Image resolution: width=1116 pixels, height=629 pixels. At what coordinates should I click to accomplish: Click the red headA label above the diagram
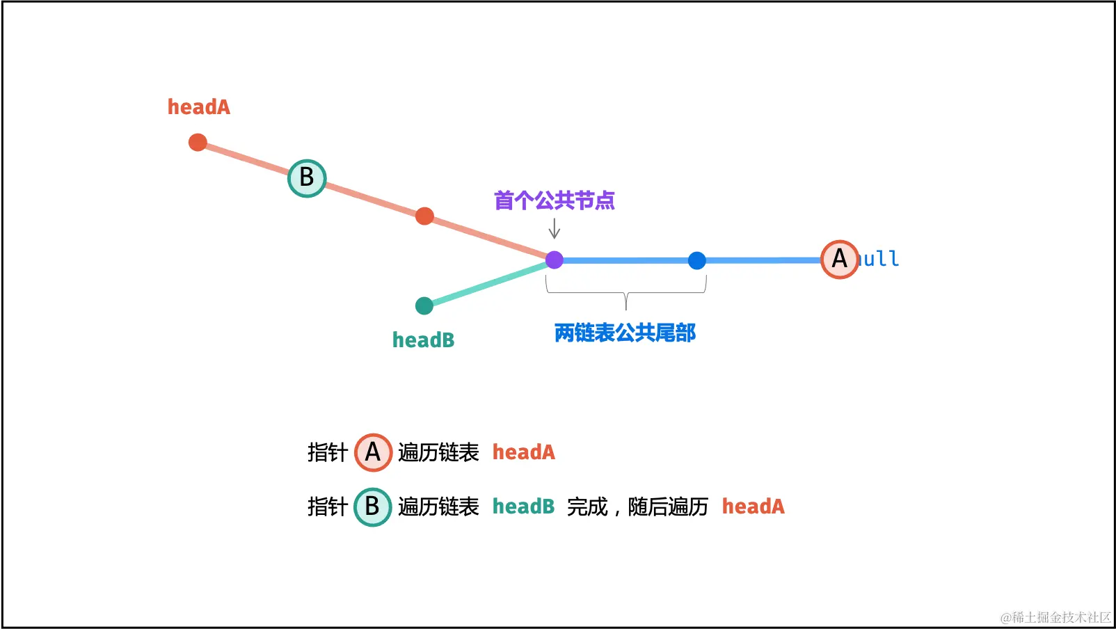tap(198, 107)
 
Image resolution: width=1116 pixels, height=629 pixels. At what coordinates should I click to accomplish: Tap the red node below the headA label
tap(198, 143)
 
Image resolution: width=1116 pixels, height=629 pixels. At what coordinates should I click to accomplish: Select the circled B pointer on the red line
tap(307, 178)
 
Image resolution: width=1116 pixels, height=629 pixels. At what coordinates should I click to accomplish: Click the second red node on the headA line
tap(424, 216)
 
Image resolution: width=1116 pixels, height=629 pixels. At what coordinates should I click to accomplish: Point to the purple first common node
tap(554, 260)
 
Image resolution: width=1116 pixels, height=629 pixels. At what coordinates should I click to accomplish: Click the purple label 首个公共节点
tap(554, 201)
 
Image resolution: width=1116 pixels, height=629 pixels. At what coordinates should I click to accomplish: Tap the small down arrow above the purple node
tap(554, 229)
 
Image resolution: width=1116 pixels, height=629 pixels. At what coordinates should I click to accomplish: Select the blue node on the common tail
tap(696, 261)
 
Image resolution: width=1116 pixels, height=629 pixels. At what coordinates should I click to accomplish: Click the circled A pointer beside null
tap(839, 260)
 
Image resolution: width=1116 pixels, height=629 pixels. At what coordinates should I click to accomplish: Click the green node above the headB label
tap(424, 305)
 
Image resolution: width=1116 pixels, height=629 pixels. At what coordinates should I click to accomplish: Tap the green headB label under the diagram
tap(423, 340)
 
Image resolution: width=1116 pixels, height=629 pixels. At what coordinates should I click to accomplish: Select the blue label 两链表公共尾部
tap(625, 333)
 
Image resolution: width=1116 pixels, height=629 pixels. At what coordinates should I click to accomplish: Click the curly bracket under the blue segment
tap(626, 293)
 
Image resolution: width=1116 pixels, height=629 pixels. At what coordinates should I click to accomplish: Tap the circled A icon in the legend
tap(373, 452)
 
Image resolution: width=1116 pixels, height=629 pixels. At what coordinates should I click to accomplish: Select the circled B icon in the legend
tap(372, 507)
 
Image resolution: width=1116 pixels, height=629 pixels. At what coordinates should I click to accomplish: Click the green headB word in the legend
tap(523, 507)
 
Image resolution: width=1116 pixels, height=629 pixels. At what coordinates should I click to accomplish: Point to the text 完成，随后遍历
tap(637, 507)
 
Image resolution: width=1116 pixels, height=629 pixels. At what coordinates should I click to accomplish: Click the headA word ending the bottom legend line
tap(753, 507)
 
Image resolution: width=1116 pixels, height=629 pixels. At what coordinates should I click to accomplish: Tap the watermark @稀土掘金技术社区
tap(1055, 617)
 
